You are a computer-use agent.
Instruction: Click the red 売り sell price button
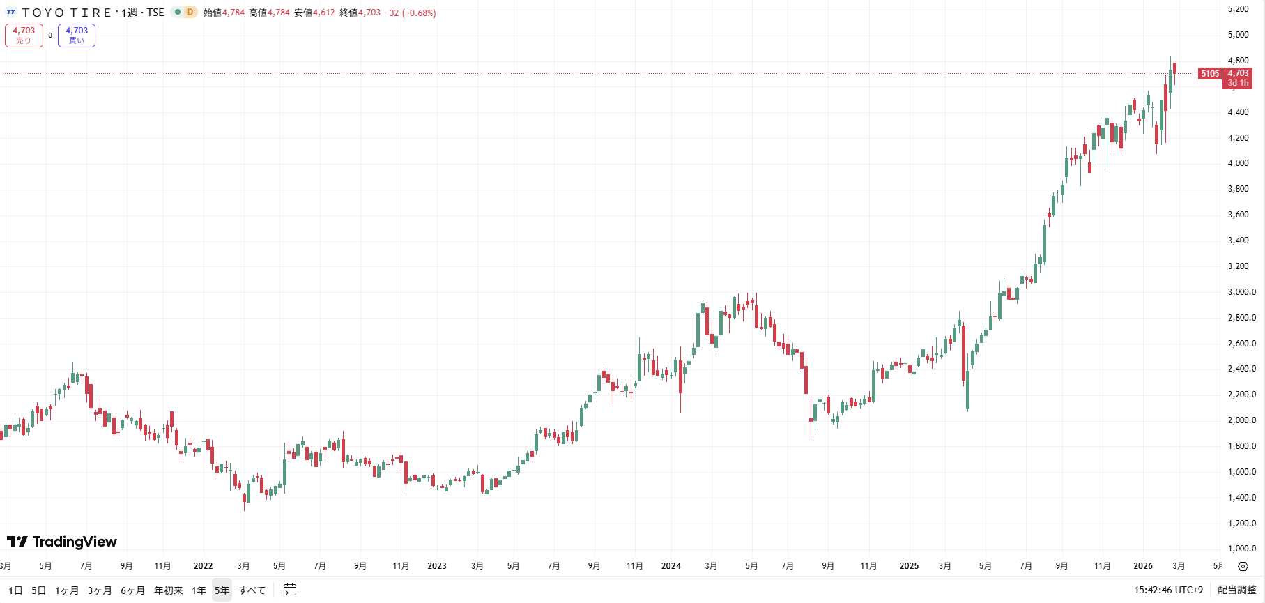[x=24, y=36]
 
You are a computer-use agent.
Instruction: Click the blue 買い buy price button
[x=77, y=36]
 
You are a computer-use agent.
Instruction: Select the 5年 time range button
[x=222, y=590]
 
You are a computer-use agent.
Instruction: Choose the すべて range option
[x=252, y=590]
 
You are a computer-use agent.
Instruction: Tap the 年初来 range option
[x=169, y=590]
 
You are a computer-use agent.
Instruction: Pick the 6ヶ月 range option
[x=132, y=590]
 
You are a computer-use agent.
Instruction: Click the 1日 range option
[x=15, y=590]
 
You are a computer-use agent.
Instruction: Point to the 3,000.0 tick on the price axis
[x=1242, y=292]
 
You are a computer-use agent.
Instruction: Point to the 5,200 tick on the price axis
[x=1239, y=9]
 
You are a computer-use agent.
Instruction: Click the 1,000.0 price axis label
[x=1242, y=549]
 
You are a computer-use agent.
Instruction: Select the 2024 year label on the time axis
[x=671, y=566]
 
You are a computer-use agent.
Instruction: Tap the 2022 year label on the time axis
[x=203, y=566]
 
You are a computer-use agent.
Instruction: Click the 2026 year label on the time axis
[x=1143, y=566]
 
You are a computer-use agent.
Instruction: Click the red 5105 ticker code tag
[x=1210, y=74]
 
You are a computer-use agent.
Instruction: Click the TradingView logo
[x=62, y=542]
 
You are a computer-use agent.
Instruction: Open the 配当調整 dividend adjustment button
[x=1236, y=590]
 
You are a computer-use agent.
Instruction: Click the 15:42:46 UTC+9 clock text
[x=1168, y=590]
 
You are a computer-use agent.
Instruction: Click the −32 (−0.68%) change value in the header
[x=411, y=13]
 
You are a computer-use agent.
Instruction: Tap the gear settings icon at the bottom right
[x=1243, y=566]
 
